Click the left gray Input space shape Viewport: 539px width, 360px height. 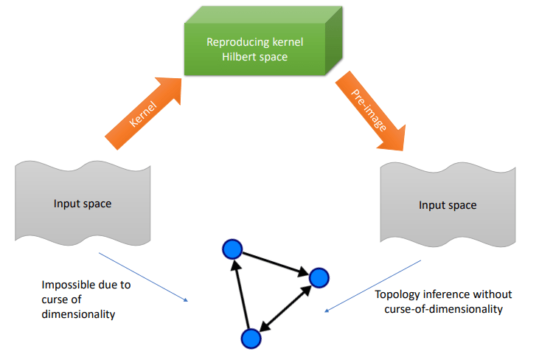pos(83,204)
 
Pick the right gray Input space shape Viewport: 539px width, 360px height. pos(447,205)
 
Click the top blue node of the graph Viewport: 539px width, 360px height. pos(232,249)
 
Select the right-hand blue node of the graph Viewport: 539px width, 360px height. pos(319,278)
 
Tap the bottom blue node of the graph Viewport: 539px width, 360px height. pos(251,338)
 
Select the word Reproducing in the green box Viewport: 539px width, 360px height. pos(235,42)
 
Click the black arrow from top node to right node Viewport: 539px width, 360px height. pos(276,264)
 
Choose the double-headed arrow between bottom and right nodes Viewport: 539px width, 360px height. pos(285,308)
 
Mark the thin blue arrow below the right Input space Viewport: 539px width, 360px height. pos(372,285)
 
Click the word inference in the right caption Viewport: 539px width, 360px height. pos(437,294)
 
